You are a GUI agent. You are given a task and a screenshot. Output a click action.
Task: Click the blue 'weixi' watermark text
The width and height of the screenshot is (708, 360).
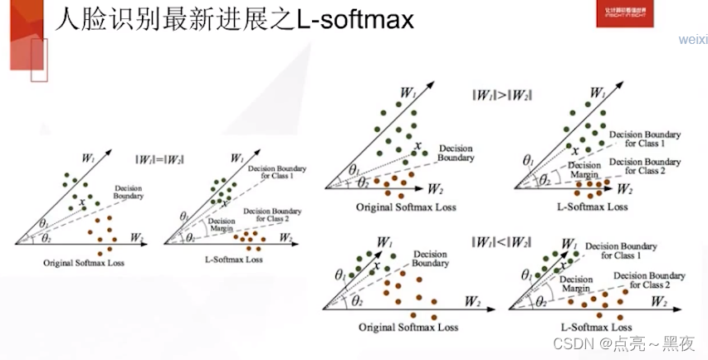coord(692,40)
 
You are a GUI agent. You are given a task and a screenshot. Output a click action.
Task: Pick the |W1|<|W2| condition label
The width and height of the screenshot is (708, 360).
coord(499,243)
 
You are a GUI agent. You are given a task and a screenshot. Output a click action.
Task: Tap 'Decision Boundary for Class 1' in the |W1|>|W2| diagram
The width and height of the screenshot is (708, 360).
coord(645,139)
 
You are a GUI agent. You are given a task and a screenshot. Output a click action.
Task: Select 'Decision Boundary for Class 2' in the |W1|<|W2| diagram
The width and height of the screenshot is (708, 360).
coord(656,280)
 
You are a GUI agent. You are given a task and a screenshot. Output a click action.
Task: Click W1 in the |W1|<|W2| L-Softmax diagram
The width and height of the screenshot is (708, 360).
coord(569,244)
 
